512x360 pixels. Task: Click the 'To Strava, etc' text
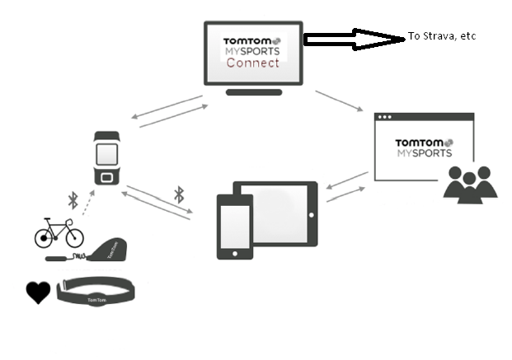442,37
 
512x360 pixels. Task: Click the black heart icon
38,292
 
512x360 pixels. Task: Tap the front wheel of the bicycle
72,237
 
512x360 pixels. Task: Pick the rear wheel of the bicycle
46,237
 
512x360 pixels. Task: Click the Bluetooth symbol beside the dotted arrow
72,200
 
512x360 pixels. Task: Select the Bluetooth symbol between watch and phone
179,195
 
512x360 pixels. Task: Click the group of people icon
470,183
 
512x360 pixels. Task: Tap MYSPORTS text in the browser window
424,153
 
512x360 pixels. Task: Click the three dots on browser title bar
383,119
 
